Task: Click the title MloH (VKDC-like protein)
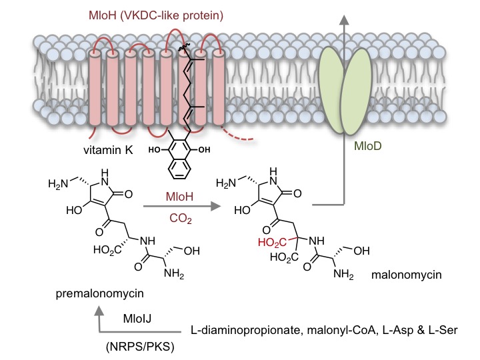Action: (156, 15)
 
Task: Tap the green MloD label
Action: (367, 146)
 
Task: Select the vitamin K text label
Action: (108, 150)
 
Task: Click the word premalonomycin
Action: (99, 293)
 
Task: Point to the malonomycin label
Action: (406, 275)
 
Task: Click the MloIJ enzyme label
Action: (137, 319)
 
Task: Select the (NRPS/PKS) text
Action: (140, 347)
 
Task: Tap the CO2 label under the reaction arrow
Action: (180, 219)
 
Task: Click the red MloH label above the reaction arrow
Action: (180, 197)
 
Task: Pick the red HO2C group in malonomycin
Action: (272, 243)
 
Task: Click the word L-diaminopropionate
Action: (247, 330)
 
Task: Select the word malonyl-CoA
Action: (341, 330)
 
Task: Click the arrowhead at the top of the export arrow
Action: (345, 20)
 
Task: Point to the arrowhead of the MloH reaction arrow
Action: (216, 206)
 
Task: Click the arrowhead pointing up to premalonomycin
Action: (99, 311)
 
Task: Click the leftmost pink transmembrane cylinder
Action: (95, 87)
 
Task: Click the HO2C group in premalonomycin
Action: (107, 251)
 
